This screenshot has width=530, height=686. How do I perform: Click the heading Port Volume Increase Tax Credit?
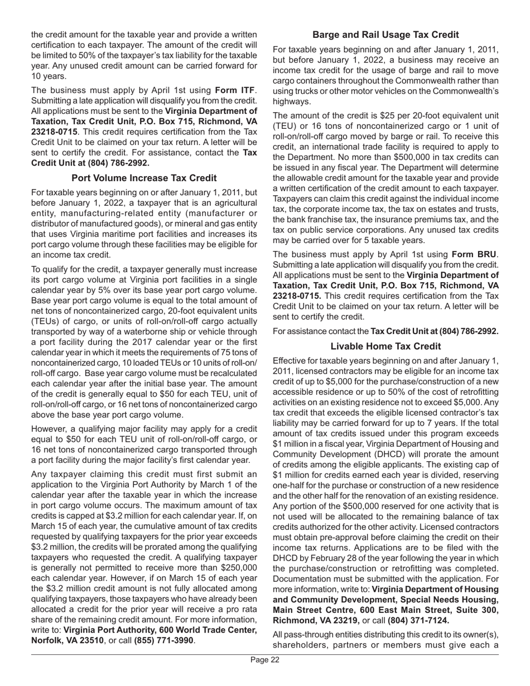144,178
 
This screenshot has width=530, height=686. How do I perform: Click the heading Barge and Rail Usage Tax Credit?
386,35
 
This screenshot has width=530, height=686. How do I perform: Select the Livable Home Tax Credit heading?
386,346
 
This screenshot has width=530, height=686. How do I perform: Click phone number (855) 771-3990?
164,640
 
